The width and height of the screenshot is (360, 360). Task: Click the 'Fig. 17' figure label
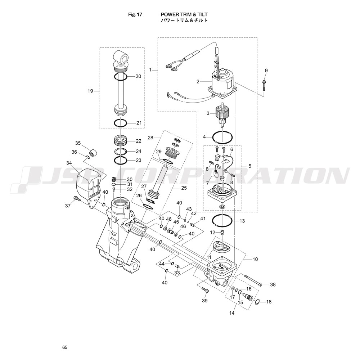(135, 15)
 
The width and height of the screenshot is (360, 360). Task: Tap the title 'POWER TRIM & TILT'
(184, 15)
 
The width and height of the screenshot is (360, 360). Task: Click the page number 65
(65, 347)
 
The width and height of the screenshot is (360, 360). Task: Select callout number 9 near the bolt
(266, 71)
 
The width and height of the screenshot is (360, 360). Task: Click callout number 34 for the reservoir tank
(69, 163)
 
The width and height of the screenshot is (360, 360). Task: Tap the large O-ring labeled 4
(222, 138)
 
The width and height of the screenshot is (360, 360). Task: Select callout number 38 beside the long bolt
(273, 285)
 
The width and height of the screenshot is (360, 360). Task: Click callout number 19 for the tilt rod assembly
(90, 91)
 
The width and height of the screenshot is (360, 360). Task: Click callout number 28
(150, 138)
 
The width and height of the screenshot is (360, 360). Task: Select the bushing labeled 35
(93, 153)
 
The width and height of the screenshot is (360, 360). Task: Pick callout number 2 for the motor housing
(198, 81)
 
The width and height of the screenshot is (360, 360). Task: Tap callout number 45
(176, 222)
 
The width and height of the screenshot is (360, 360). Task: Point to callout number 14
(232, 313)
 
